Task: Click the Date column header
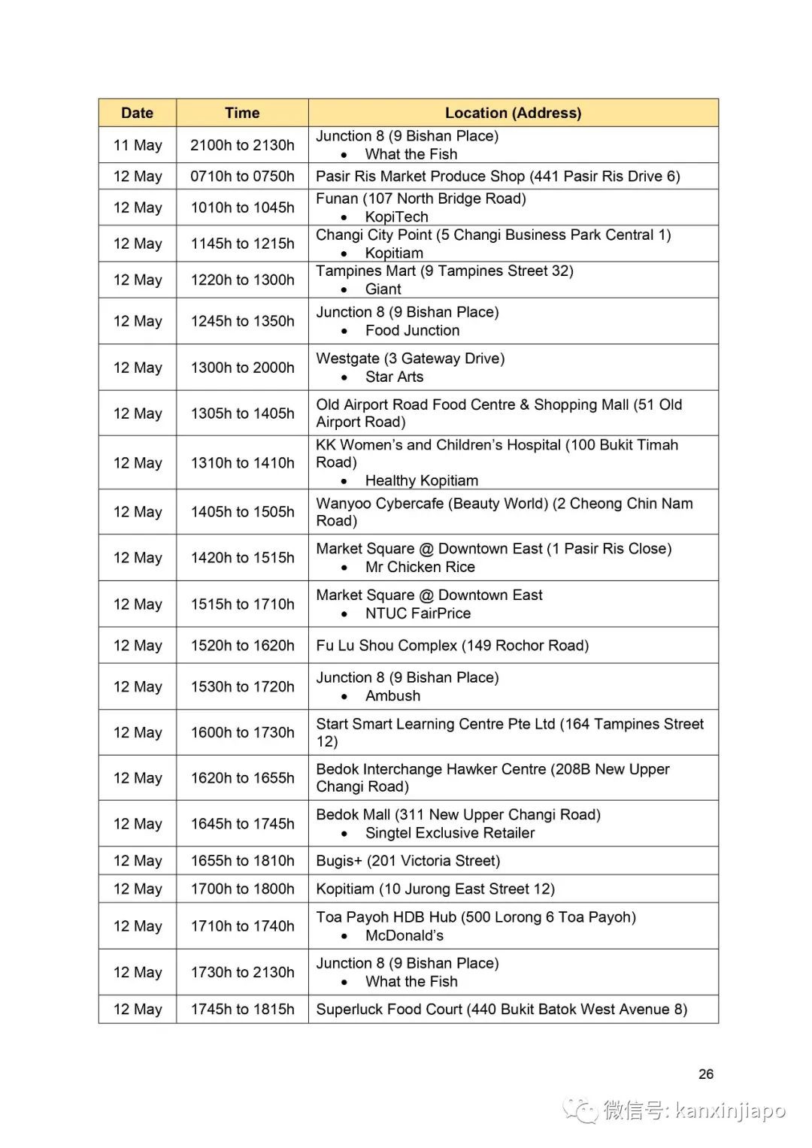tap(137, 113)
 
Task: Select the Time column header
tap(242, 113)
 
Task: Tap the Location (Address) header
tap(513, 113)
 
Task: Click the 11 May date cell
tap(138, 145)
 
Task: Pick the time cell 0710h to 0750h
tap(242, 176)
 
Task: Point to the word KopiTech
tap(396, 217)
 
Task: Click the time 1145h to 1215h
tap(242, 244)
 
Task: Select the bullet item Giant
tap(383, 289)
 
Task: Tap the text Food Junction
tap(412, 330)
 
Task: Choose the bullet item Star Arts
tap(394, 377)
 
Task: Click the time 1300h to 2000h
tap(242, 368)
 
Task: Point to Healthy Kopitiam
tap(421, 480)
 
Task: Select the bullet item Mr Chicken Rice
tap(420, 567)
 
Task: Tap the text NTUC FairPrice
tap(418, 613)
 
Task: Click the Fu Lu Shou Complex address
tap(452, 645)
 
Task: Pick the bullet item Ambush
tap(392, 696)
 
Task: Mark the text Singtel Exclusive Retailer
tap(450, 833)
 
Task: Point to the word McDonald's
tap(404, 935)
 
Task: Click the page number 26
tap(705, 1074)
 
